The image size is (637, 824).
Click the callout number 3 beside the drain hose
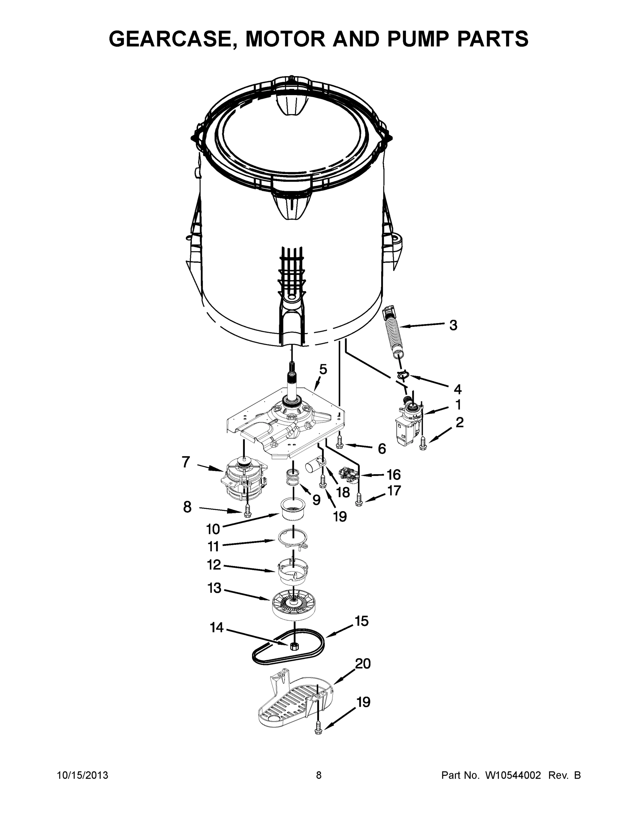(453, 325)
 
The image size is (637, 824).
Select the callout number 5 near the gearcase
(323, 369)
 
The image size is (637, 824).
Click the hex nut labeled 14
(293, 646)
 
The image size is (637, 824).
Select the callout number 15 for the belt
(362, 621)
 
